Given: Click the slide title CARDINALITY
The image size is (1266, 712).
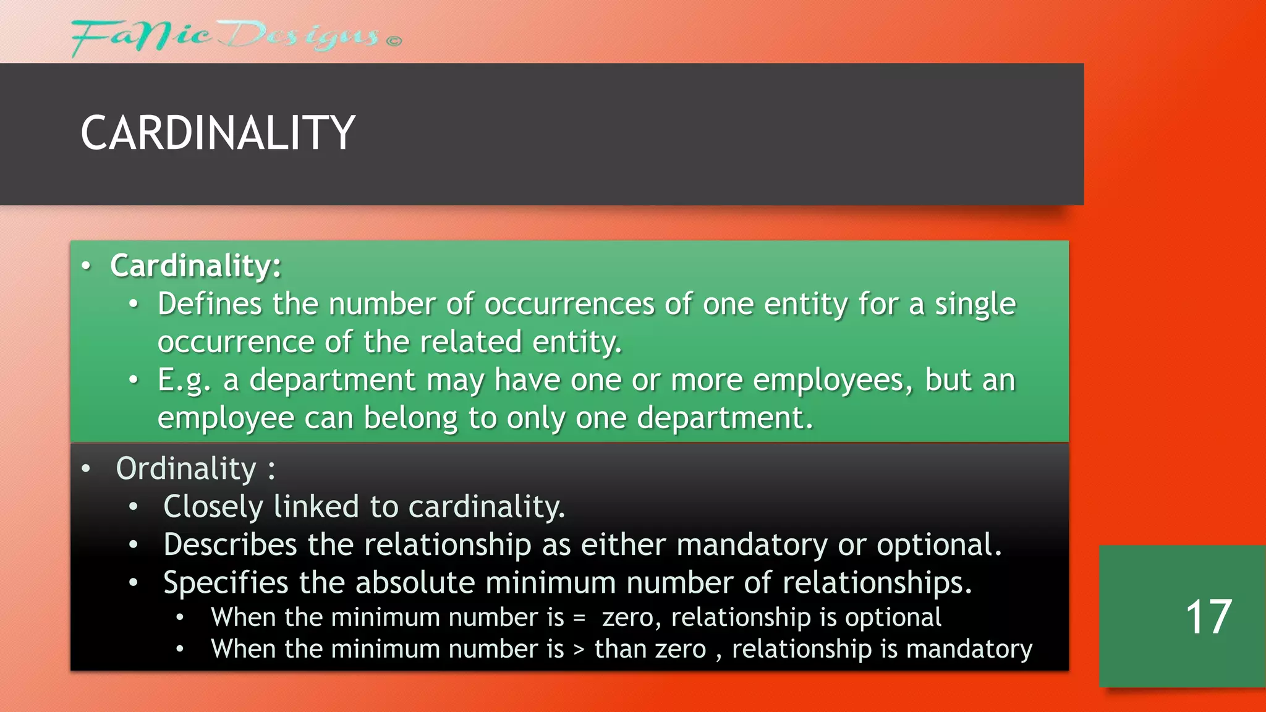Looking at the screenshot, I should click(218, 133).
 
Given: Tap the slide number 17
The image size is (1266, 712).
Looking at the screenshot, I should click(1209, 617).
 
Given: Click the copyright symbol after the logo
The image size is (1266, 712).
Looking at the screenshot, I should click(394, 41).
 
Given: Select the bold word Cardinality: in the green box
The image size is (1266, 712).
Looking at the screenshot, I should click(196, 266).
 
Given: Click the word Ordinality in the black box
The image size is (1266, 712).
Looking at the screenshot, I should click(186, 468).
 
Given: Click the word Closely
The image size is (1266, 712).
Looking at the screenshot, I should click(213, 507).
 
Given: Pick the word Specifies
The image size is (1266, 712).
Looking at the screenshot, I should click(226, 583).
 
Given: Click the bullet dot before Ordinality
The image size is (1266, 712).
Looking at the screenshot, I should click(86, 468).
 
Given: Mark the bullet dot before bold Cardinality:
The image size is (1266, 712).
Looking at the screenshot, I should click(86, 266).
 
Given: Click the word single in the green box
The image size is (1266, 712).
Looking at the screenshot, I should click(975, 304).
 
